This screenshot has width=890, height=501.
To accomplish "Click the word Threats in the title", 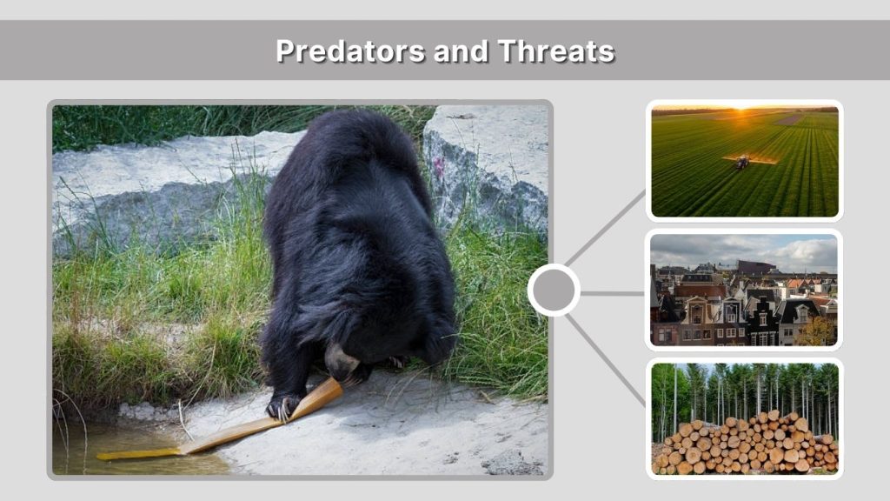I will (556, 50).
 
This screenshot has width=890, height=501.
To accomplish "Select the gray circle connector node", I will (554, 291).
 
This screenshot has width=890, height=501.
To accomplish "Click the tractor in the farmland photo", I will (742, 162).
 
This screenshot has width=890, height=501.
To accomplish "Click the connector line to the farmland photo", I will (607, 229).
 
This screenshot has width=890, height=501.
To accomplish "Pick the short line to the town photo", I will (612, 293).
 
